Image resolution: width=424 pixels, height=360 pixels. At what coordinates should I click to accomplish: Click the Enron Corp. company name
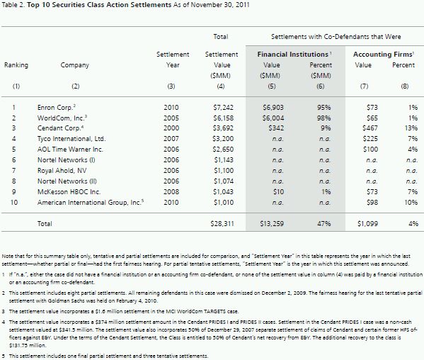[x=55, y=108]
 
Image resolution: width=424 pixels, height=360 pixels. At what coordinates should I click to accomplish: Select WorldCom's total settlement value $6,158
[x=223, y=118]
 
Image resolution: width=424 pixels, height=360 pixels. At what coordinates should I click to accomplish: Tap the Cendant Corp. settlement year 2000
[x=171, y=128]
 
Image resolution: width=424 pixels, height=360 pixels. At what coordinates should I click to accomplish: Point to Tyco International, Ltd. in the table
[x=71, y=139]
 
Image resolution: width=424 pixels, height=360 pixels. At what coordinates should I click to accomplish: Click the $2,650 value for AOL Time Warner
[x=223, y=149]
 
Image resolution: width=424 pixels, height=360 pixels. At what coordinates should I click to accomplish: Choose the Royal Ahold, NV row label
[x=62, y=171]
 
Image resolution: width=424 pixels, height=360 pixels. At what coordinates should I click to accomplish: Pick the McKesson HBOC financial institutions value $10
[x=278, y=191]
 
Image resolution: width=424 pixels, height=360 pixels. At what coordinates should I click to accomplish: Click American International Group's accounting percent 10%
[x=411, y=202]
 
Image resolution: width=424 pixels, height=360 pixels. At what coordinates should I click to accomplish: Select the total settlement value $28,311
[x=222, y=223]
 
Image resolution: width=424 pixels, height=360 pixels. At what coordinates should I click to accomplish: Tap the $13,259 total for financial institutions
[x=272, y=223]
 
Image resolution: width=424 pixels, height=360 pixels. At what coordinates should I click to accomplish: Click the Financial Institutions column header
[x=293, y=55]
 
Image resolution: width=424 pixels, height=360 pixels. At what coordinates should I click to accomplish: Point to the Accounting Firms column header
[x=383, y=55]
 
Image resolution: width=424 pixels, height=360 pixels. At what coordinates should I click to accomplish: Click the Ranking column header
[x=16, y=65]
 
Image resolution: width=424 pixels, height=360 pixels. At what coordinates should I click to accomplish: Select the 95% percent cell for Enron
[x=324, y=108]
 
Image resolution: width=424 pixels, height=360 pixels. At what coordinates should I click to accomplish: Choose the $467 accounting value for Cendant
[x=370, y=128]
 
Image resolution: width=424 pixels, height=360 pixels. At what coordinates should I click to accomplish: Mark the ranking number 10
[x=14, y=202]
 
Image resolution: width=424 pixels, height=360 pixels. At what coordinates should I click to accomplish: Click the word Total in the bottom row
[x=45, y=223]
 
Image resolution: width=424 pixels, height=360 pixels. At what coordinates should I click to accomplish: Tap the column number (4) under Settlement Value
[x=221, y=86]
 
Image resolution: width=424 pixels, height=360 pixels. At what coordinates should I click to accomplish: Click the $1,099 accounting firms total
[x=368, y=223]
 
